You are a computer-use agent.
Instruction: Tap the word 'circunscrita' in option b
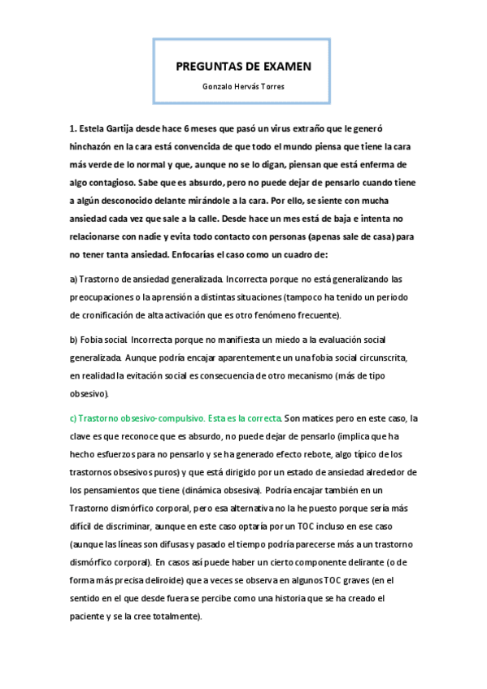click(389, 357)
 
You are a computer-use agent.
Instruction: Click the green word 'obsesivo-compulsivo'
click(162, 418)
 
